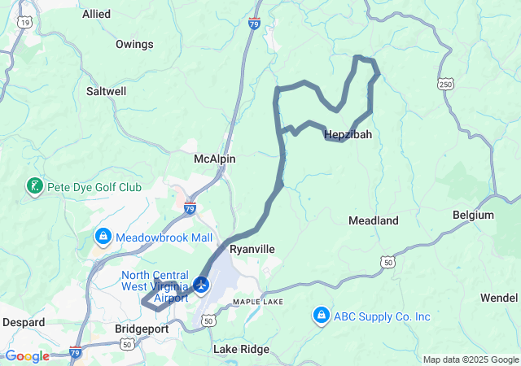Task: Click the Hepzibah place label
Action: [x=348, y=135]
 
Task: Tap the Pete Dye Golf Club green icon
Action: [x=35, y=187]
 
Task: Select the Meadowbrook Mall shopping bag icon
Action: [x=103, y=237]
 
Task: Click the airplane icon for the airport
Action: [x=201, y=286]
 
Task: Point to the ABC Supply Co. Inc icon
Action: [x=322, y=316]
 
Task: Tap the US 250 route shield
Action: [x=445, y=84]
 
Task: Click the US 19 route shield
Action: [x=25, y=23]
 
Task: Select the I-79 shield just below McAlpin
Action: [x=190, y=208]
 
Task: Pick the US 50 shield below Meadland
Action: [x=387, y=262]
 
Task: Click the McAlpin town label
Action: [x=215, y=159]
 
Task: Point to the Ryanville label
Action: [x=252, y=249]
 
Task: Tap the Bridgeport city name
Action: [x=141, y=329]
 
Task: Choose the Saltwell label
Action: [x=106, y=92]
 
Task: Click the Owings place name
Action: [x=134, y=44]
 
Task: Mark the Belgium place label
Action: [x=473, y=216]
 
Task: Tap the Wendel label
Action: [x=498, y=298]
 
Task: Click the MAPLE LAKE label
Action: [x=256, y=302]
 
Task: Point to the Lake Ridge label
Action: [x=241, y=349]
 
